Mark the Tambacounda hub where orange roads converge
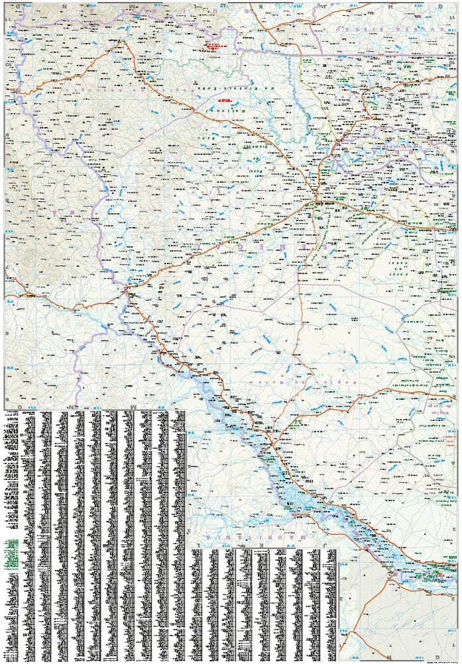tap(318, 201)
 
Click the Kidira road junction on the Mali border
tap(128, 289)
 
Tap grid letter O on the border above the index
tap(20, 404)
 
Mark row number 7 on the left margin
tap(7, 267)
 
